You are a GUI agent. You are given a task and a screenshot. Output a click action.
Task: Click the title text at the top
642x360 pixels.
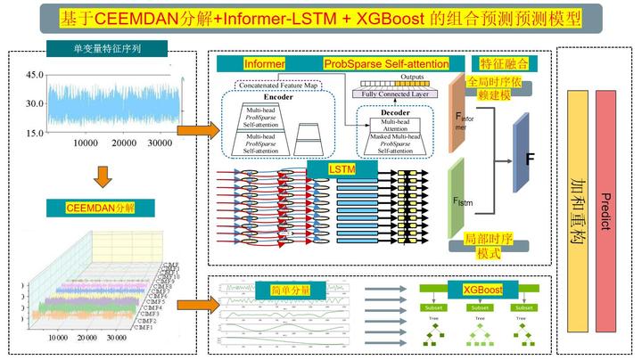pos(320,17)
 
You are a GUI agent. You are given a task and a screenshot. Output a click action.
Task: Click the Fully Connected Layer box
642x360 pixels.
pos(392,94)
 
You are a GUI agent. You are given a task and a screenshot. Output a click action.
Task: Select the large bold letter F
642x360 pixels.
pos(531,162)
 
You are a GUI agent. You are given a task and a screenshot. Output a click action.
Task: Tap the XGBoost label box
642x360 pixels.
pos(482,290)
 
